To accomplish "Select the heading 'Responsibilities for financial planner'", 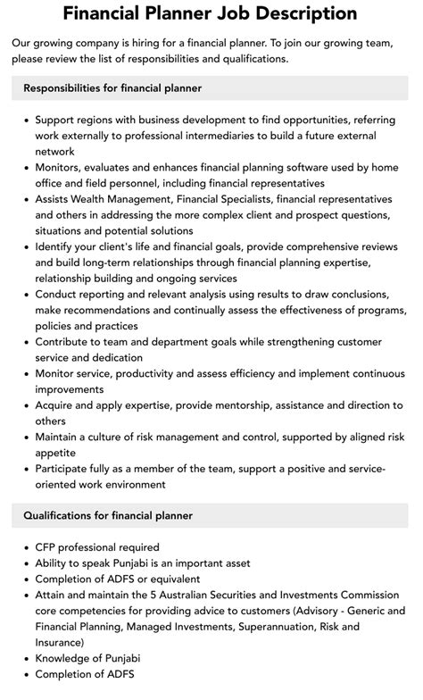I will (112, 88).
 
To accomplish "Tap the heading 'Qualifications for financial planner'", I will (108, 515).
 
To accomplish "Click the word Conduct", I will (61, 295).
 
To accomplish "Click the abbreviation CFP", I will (47, 547).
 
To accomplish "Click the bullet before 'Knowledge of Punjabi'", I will (26, 659).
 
